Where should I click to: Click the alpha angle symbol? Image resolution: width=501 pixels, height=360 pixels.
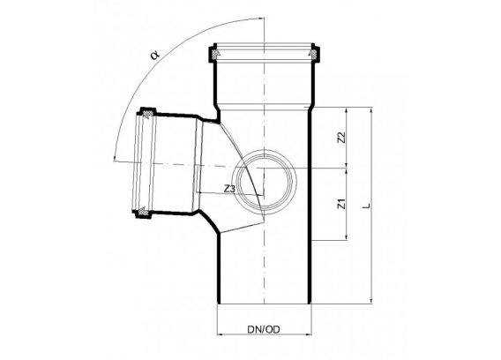pos(155,55)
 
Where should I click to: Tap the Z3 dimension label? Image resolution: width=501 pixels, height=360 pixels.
pos(229,190)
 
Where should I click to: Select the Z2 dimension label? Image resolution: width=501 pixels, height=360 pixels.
pos(342,138)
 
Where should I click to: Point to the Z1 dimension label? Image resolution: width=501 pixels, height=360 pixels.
pos(342,204)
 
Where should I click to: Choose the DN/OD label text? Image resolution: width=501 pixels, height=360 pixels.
pos(264,329)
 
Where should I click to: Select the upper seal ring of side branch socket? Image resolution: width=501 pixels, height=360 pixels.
pos(147,114)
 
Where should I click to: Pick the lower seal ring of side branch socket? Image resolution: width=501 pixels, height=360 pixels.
pos(143,212)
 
